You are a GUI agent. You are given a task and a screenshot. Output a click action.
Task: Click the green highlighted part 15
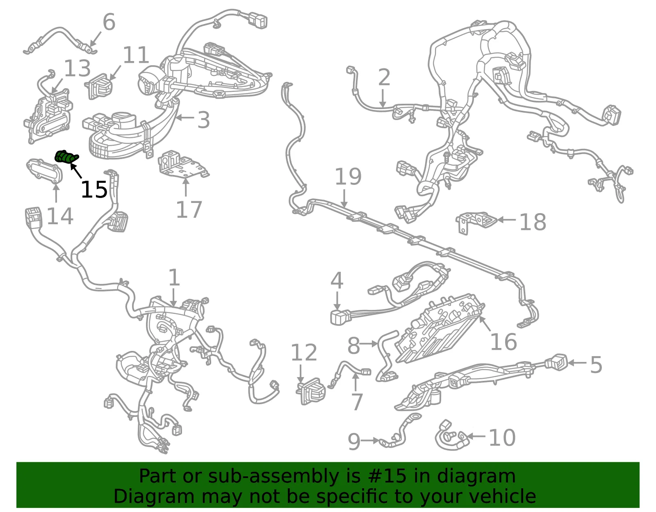[66, 157]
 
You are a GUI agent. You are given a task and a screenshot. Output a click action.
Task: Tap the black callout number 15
[94, 189]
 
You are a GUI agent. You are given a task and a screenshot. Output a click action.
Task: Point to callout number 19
[348, 177]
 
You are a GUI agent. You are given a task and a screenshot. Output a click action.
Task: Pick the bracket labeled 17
[183, 165]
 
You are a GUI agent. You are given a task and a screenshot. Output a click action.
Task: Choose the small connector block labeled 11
[98, 86]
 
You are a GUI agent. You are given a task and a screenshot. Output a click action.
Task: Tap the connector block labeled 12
[311, 391]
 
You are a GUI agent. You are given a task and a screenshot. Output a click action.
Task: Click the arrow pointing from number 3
[185, 118]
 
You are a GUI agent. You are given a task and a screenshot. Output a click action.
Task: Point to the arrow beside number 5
[578, 362]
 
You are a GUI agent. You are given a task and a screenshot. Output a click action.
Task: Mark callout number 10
[502, 437]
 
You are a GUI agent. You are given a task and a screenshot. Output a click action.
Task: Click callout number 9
[354, 441]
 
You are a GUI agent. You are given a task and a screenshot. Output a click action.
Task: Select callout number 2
[384, 77]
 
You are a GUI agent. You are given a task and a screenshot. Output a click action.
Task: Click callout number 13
[77, 68]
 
